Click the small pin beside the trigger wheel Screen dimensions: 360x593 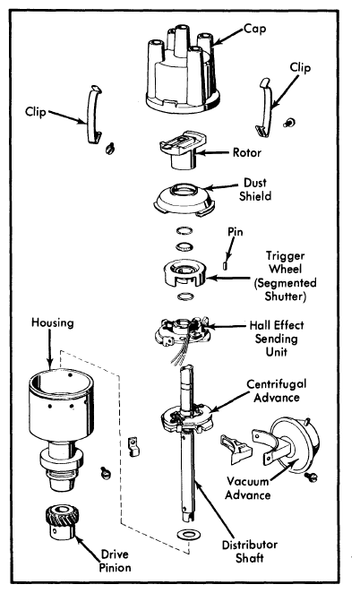pyautogui.click(x=226, y=265)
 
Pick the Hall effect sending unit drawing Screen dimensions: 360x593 pyautogui.click(x=182, y=333)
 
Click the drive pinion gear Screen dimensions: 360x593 pyautogui.click(x=61, y=522)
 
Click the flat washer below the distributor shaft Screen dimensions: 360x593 pyautogui.click(x=185, y=534)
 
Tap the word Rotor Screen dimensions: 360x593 pyautogui.click(x=247, y=153)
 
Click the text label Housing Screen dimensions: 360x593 pyautogui.click(x=53, y=322)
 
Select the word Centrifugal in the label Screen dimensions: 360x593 pyautogui.click(x=277, y=384)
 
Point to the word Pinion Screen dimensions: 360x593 pyautogui.click(x=116, y=567)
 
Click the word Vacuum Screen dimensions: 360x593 pyautogui.click(x=247, y=481)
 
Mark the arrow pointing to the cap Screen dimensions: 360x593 pyautogui.click(x=227, y=37)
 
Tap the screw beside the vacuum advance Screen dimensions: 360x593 pyautogui.click(x=313, y=477)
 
